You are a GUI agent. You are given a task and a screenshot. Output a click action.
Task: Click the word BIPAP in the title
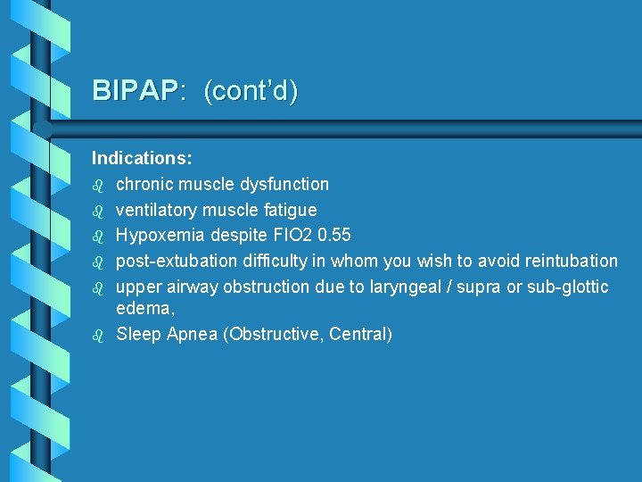tap(135, 91)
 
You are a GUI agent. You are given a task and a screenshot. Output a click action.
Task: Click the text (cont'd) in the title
tap(251, 91)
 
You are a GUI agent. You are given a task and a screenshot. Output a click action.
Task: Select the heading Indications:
tap(142, 158)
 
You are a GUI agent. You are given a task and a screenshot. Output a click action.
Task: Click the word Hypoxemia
tap(156, 236)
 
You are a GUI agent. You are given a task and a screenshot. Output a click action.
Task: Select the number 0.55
tap(334, 236)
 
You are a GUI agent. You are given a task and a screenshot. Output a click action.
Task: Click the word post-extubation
tap(173, 262)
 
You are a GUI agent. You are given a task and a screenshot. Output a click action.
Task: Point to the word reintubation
tap(567, 262)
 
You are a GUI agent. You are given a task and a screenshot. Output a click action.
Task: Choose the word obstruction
tap(264, 287)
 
